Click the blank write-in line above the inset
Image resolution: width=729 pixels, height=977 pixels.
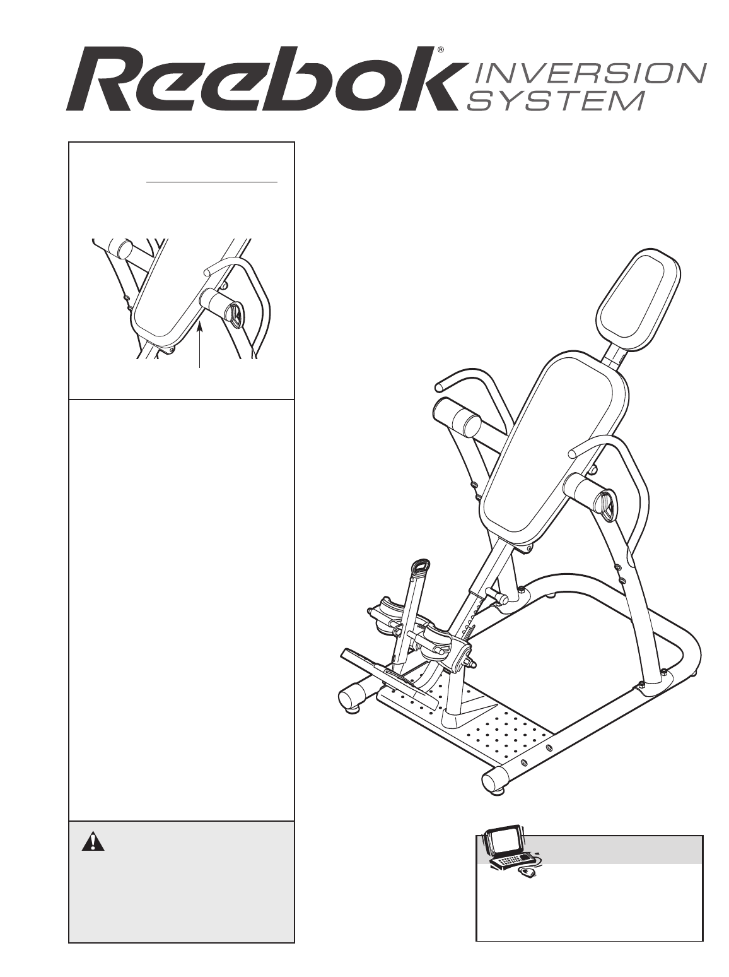pos(212,181)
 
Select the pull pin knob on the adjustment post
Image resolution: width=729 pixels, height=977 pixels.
pos(503,596)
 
